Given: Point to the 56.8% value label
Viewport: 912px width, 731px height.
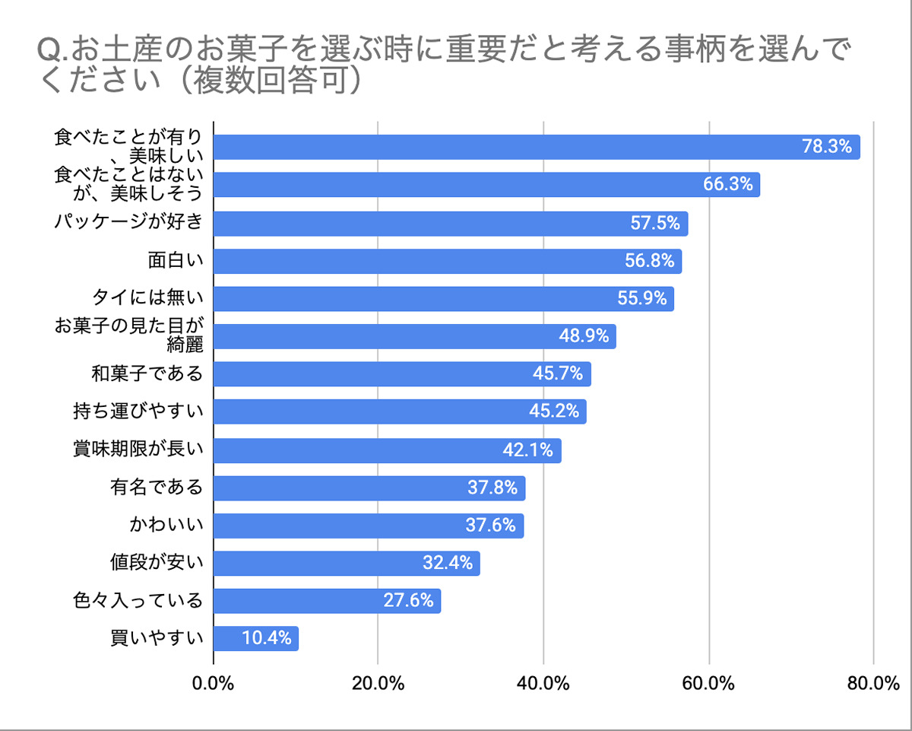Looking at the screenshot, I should [651, 261].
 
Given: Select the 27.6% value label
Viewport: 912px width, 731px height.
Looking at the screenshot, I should [408, 600].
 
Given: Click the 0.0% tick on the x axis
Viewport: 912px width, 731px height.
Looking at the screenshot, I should [214, 683].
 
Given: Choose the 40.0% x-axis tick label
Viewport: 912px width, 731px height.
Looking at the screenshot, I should [543, 683].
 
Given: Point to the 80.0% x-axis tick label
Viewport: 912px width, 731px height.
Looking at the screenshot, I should [873, 683].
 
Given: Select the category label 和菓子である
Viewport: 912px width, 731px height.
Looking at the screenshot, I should [147, 373].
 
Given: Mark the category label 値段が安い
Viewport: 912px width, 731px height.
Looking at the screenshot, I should [157, 563].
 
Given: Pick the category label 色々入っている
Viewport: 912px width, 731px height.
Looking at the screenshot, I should [138, 601].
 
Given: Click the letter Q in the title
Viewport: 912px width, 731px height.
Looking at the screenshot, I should [47, 50].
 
